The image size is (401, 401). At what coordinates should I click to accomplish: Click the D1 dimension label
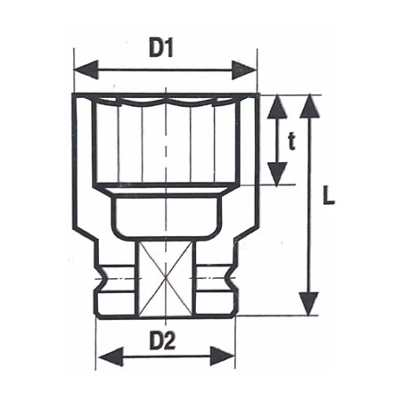click(x=160, y=49)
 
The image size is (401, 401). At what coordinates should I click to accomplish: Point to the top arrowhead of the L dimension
click(x=307, y=104)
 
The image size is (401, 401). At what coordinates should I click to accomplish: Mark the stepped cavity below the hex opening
click(x=164, y=214)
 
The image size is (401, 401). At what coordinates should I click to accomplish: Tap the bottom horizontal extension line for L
click(x=276, y=315)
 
